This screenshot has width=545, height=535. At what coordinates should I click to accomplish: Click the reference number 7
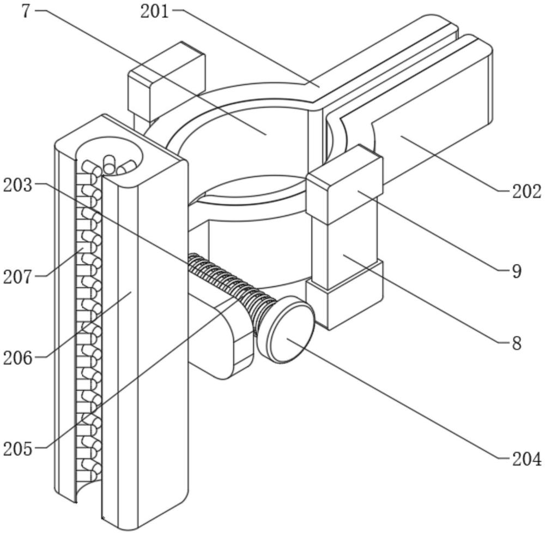click(x=27, y=11)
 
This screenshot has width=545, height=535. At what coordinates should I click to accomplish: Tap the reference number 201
click(x=154, y=11)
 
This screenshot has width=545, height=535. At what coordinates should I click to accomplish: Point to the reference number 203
click(x=18, y=185)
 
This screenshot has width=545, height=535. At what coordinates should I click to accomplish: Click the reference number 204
click(x=526, y=459)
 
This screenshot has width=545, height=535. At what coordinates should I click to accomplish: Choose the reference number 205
click(x=18, y=449)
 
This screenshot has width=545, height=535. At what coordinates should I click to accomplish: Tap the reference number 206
click(x=18, y=358)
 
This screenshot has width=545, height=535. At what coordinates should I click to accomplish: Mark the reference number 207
click(x=18, y=277)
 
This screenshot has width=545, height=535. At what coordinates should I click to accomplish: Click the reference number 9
click(x=517, y=271)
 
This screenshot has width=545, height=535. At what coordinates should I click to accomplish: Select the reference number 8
click(x=517, y=343)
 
